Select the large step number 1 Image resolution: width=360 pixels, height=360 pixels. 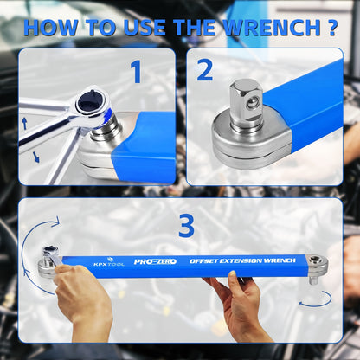(136, 72)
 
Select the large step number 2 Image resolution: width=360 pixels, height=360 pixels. (204, 70)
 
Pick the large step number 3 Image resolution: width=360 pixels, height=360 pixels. (186, 225)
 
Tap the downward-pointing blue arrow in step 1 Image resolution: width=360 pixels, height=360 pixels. (36, 157)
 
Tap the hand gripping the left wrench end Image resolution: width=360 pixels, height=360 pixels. (82, 299)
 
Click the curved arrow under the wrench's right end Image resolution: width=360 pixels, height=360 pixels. (316, 299)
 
